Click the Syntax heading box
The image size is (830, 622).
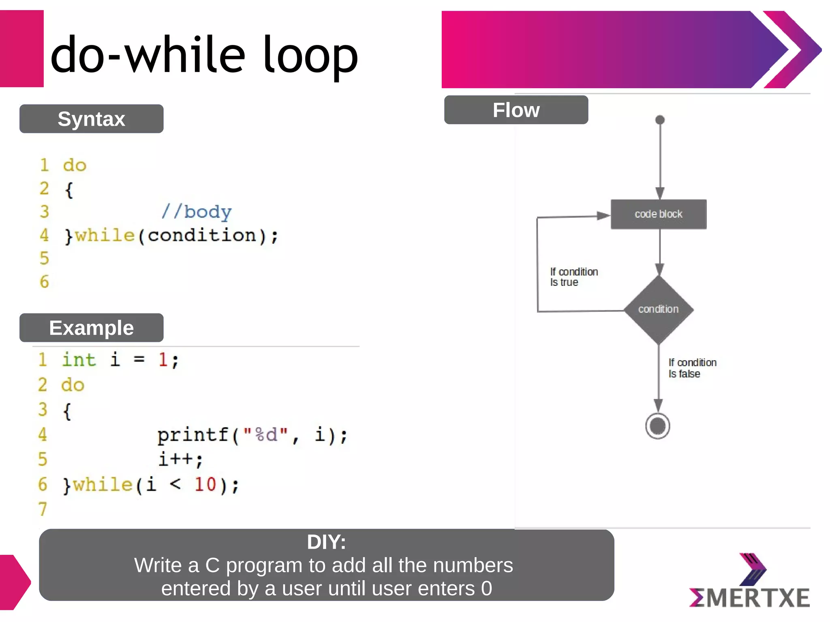(91, 119)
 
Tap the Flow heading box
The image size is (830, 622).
(516, 110)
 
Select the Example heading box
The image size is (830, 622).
(91, 328)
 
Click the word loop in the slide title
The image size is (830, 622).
(310, 55)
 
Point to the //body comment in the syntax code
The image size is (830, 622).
(197, 212)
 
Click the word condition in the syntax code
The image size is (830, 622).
(201, 235)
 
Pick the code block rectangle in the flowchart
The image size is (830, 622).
(658, 214)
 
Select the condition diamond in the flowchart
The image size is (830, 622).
(658, 309)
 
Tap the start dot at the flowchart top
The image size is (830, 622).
(660, 120)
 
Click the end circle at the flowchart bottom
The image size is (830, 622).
(657, 426)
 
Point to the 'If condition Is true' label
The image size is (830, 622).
(573, 277)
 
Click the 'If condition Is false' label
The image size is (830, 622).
(692, 368)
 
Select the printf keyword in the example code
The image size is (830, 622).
(193, 435)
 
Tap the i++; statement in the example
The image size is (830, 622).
(180, 460)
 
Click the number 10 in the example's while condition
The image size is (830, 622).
(205, 484)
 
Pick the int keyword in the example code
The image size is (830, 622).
(79, 360)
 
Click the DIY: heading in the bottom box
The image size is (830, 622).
(326, 542)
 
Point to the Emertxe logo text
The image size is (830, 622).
(750, 598)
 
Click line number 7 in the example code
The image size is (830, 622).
(43, 509)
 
